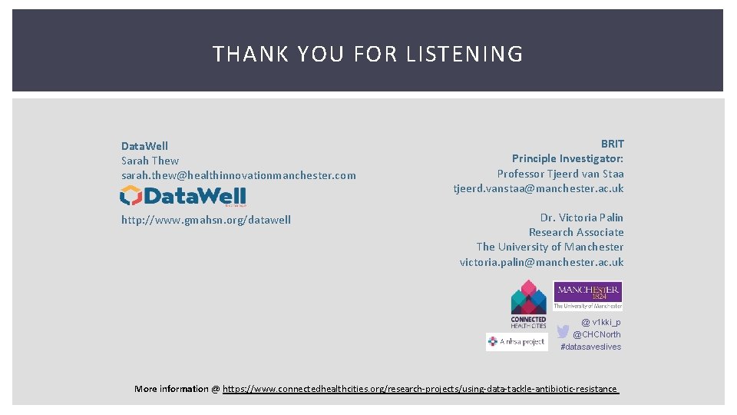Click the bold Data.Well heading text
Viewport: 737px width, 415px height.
tap(144, 146)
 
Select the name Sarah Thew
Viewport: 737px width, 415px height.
tap(150, 161)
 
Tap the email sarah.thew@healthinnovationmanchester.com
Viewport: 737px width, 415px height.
tap(239, 175)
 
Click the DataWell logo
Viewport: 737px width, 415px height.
tap(183, 196)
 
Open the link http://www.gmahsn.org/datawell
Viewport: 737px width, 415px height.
tap(206, 220)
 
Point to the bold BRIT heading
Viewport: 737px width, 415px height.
tap(612, 144)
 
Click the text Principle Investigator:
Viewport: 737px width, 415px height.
tap(567, 158)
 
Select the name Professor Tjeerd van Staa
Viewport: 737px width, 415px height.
tap(560, 174)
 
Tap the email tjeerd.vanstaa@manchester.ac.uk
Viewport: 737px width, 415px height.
tap(538, 188)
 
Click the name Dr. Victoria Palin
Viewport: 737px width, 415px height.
tap(581, 217)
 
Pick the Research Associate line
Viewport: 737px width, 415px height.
tap(576, 232)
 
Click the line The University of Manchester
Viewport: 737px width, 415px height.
tap(550, 247)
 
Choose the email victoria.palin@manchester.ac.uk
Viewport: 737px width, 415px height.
tap(541, 262)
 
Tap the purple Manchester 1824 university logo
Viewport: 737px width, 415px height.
tap(588, 295)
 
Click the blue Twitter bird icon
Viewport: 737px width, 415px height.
tap(563, 331)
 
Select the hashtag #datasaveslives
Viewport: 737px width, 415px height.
tap(590, 347)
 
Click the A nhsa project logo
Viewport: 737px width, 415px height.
tap(517, 342)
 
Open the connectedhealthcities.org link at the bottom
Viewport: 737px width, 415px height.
tap(420, 389)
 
